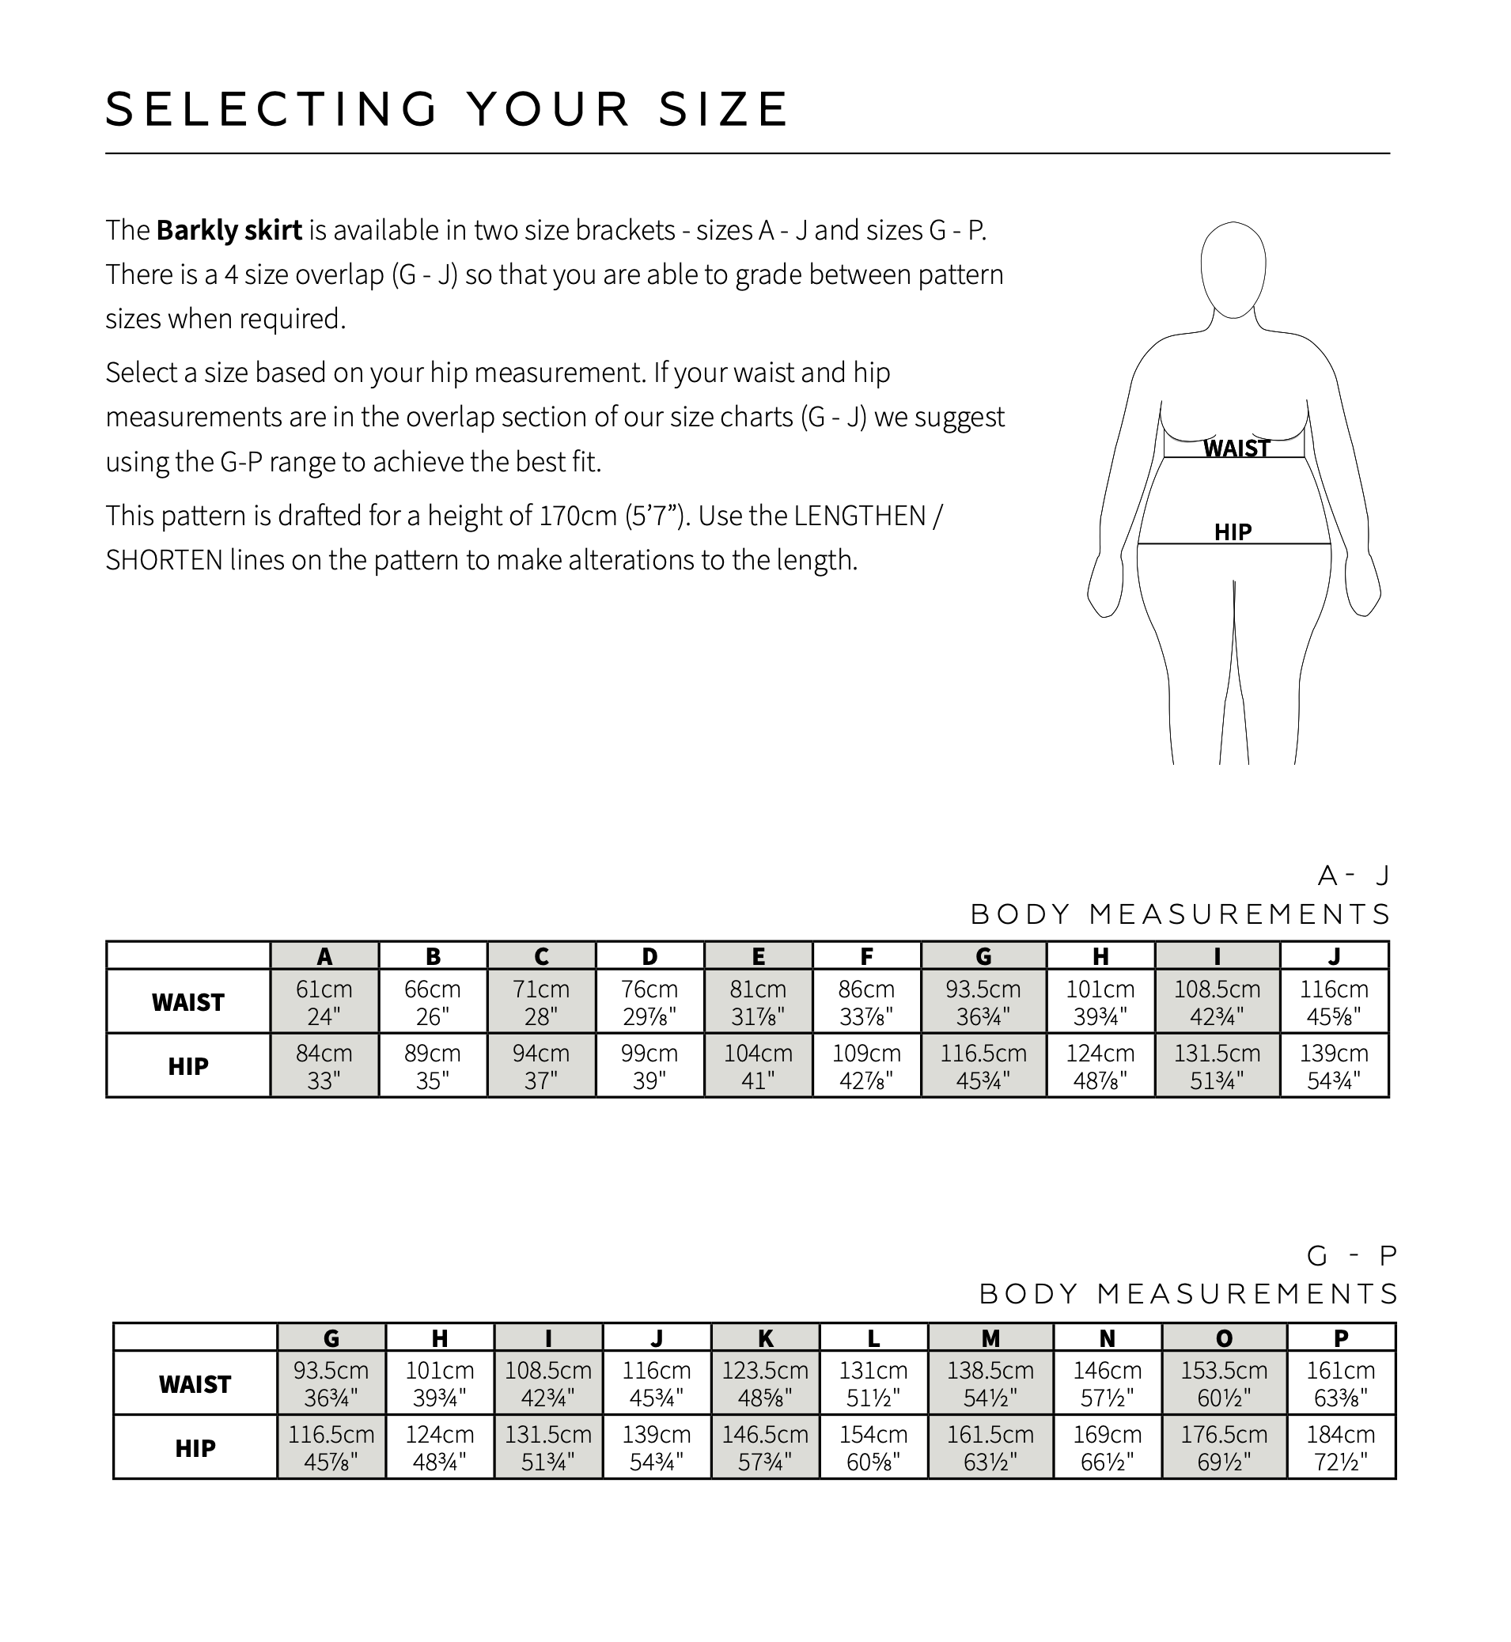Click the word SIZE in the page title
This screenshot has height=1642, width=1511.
[x=723, y=109]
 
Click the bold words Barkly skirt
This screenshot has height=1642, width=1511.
[x=229, y=230]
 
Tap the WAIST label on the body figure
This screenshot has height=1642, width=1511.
[x=1236, y=448]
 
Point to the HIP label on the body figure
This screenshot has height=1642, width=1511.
[x=1233, y=533]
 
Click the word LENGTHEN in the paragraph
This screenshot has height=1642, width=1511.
[x=859, y=516]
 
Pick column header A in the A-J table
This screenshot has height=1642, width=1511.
[x=324, y=955]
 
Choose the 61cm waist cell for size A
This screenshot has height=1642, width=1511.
[x=324, y=1002]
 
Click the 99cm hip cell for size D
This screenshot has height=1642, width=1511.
[x=649, y=1065]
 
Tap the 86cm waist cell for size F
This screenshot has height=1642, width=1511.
[x=866, y=1002]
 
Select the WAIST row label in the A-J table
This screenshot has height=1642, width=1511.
[x=188, y=1002]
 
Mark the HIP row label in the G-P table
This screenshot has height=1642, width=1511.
[x=195, y=1448]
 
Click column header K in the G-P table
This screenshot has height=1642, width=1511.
[x=765, y=1338]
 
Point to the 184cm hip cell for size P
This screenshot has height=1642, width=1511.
[x=1341, y=1447]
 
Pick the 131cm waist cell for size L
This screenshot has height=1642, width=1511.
[x=873, y=1383]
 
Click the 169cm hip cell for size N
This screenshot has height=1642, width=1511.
[x=1107, y=1447]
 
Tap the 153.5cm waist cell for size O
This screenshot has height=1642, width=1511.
[x=1224, y=1383]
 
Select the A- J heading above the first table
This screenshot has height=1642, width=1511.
[x=1354, y=876]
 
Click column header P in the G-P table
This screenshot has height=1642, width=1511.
[x=1341, y=1338]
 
